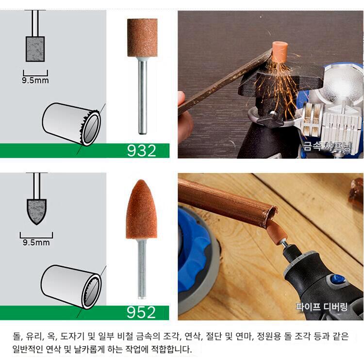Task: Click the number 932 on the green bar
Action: [x=141, y=151]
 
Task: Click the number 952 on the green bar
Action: [x=141, y=312]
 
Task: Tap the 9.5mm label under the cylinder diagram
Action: [x=35, y=81]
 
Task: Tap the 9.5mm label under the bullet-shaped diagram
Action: [x=36, y=243]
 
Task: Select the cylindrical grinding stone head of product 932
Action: [x=142, y=38]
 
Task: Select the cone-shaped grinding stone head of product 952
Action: [x=141, y=210]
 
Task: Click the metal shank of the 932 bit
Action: [x=142, y=96]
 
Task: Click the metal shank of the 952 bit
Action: [x=142, y=269]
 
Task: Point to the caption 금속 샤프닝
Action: [x=327, y=147]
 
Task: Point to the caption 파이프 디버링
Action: [x=322, y=307]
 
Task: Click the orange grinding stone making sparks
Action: [x=279, y=52]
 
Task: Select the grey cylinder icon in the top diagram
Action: [x=35, y=49]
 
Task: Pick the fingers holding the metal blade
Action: [x=185, y=109]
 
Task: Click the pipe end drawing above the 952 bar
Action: [x=71, y=287]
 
